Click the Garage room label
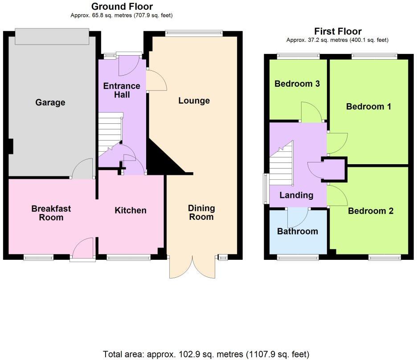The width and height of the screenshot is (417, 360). [50, 102]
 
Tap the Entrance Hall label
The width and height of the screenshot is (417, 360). [122, 90]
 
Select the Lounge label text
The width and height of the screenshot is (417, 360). [194, 101]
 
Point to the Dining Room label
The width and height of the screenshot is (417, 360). [201, 212]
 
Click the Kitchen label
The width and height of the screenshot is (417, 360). [130, 210]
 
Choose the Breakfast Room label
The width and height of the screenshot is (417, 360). [51, 213]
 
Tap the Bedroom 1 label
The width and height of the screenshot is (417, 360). [368, 106]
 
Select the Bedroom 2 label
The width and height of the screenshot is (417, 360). [371, 210]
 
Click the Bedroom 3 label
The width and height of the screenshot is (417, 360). [297, 84]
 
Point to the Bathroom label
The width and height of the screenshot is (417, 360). [297, 231]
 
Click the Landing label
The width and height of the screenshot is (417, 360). [296, 195]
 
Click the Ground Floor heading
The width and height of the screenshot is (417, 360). [122, 7]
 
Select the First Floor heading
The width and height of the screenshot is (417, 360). [337, 31]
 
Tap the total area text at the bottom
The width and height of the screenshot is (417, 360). [206, 354]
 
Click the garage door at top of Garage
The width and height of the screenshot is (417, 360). [51, 36]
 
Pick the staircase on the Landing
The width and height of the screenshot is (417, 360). [281, 164]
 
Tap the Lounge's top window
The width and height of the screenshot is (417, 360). [193, 32]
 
